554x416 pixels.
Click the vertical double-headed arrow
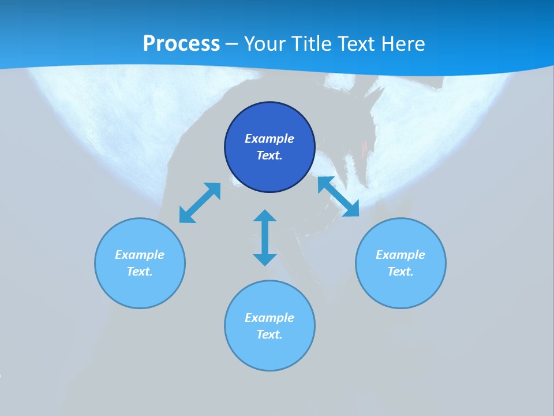pyautogui.click(x=265, y=238)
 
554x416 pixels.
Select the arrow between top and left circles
pyautogui.click(x=200, y=203)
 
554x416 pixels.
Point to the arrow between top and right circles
pyautogui.click(x=338, y=196)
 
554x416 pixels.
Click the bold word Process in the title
pyautogui.click(x=181, y=43)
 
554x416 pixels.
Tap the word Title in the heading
pyautogui.click(x=312, y=43)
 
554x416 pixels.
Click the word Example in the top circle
pyautogui.click(x=269, y=139)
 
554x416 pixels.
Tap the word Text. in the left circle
pyautogui.click(x=140, y=272)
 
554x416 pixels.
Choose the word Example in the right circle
pyautogui.click(x=400, y=255)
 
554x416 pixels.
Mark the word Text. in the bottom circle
pyautogui.click(x=269, y=335)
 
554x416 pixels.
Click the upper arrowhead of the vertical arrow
pyautogui.click(x=265, y=217)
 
